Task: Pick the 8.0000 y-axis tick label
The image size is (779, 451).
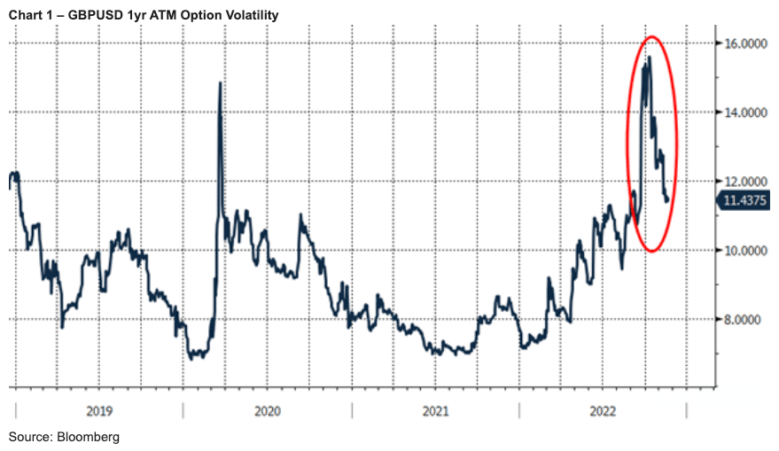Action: (746, 319)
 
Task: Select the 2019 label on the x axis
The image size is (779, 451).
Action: (98, 411)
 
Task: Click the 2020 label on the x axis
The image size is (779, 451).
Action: (267, 411)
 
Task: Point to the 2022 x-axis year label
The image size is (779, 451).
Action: (603, 411)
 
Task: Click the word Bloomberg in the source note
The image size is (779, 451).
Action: (88, 438)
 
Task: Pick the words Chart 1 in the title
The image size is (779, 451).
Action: (28, 15)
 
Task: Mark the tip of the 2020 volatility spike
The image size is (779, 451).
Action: (220, 82)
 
